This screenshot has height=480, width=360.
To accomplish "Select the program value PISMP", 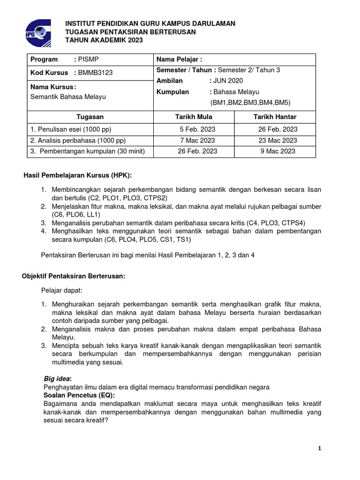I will tap(89, 60).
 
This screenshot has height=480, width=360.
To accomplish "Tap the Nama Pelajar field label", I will tap(179, 60).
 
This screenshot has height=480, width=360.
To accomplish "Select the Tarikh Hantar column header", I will tap(275, 117).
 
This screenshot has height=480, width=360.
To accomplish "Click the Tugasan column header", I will tap(90, 117).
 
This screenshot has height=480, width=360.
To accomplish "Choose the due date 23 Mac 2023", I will tap(277, 140).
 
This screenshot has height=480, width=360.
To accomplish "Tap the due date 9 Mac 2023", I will tap(277, 151).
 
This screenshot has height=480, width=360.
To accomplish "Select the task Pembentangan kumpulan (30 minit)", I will tap(88, 151).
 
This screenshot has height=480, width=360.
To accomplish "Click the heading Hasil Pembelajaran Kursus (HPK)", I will tap(78, 175).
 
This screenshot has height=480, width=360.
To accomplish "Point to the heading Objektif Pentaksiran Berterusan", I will tap(74, 276).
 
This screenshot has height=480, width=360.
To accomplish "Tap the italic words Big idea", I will tap(56, 378).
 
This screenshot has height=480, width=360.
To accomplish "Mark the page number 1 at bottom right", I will tap(319, 448).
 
